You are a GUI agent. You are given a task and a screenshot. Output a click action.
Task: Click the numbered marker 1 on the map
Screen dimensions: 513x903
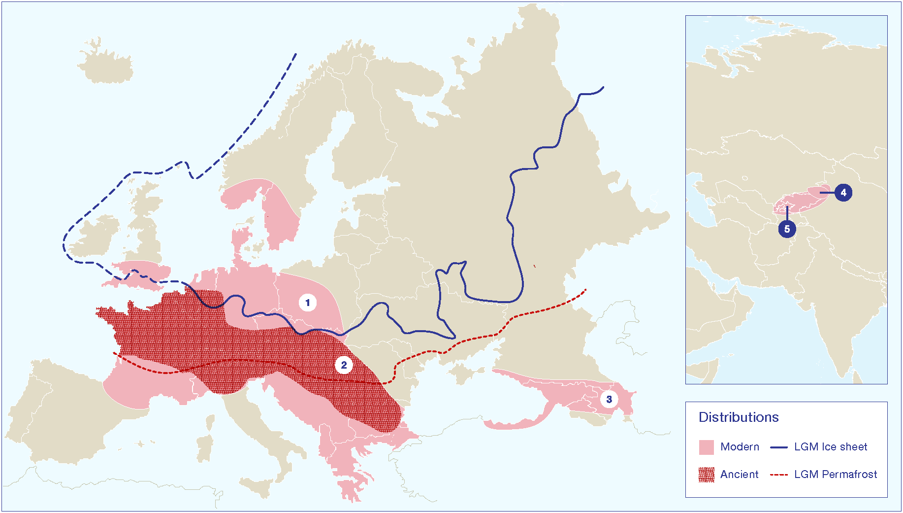(x=308, y=303)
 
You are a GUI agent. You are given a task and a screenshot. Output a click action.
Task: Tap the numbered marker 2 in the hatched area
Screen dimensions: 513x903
(x=344, y=365)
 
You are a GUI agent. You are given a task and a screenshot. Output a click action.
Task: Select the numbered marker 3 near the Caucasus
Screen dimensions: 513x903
(x=609, y=399)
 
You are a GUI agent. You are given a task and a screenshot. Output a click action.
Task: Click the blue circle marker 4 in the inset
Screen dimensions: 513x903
(x=843, y=193)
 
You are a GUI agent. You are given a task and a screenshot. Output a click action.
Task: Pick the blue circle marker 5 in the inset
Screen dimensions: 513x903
(x=787, y=229)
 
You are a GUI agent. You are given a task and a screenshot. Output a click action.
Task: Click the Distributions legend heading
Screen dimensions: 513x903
(x=739, y=417)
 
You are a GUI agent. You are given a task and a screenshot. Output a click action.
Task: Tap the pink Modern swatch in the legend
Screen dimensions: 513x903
(x=706, y=447)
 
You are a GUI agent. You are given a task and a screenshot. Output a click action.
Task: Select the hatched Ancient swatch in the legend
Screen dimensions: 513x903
(x=706, y=475)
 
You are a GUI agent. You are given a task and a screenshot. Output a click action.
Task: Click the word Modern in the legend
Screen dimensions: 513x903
(x=740, y=447)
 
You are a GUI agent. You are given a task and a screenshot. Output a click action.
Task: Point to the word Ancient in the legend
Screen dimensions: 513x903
(x=739, y=475)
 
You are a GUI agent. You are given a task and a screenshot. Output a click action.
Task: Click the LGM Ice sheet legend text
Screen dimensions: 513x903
(x=831, y=447)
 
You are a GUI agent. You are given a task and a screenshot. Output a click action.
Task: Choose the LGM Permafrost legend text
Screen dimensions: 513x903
(x=836, y=475)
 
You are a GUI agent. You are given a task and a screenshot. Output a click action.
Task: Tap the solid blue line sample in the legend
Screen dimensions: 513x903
(x=779, y=447)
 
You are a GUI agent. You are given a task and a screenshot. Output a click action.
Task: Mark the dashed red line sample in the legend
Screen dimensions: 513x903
(x=779, y=475)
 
